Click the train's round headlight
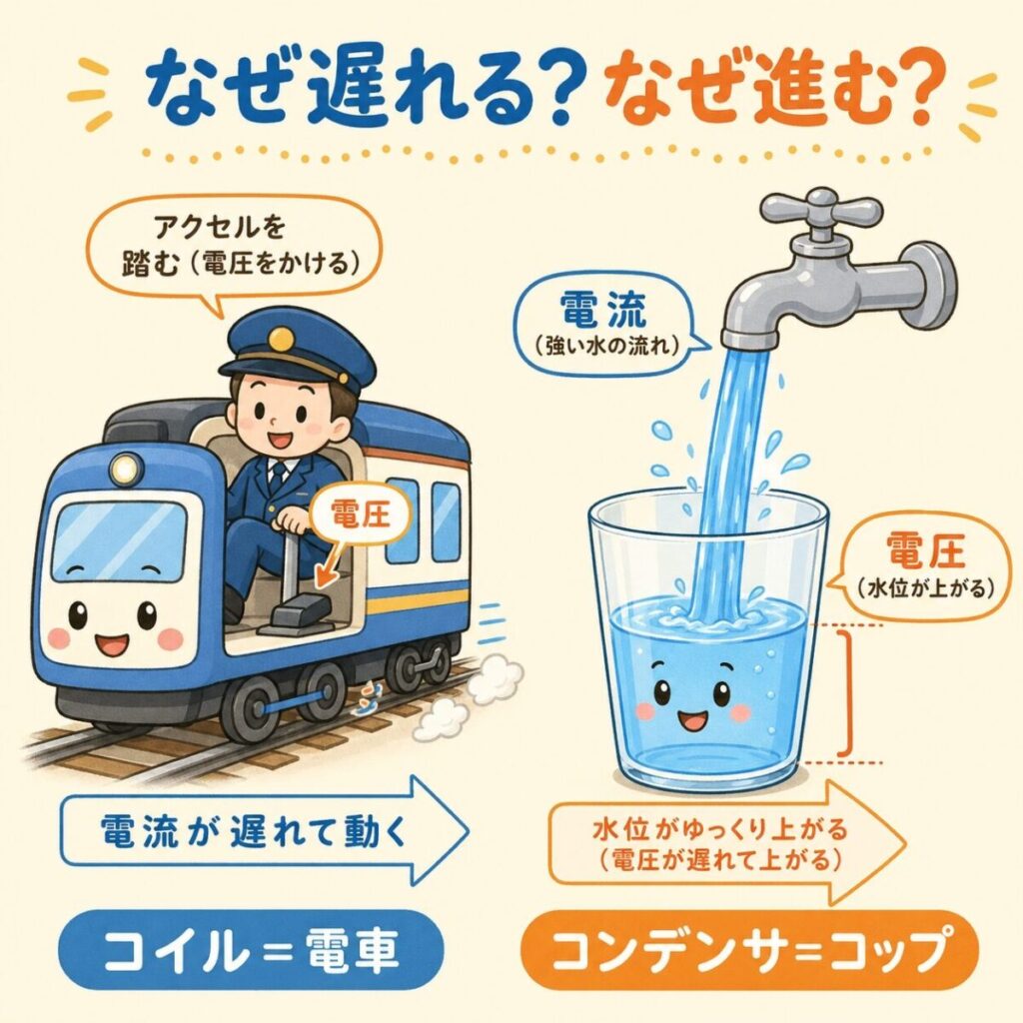click(127, 469)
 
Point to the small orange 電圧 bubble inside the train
click(361, 515)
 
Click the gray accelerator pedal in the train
click(298, 614)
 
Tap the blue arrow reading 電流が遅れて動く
click(264, 832)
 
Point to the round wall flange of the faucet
click(934, 285)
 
